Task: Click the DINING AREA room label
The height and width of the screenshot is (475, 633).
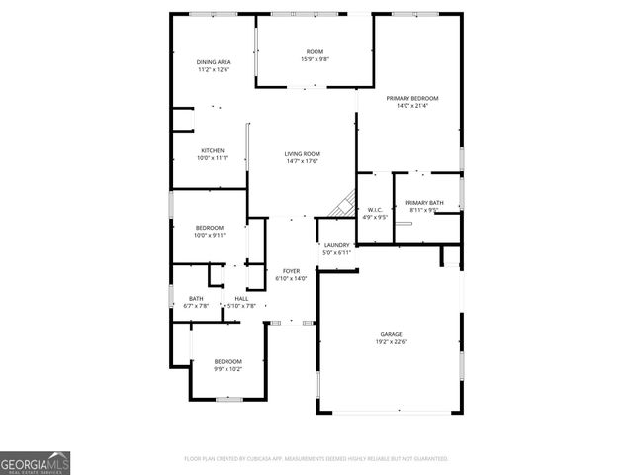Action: point(213,62)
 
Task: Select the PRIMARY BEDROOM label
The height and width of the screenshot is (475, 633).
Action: point(412,98)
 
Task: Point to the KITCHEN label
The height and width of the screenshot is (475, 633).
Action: point(213,150)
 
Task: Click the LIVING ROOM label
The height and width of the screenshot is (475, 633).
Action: point(303,153)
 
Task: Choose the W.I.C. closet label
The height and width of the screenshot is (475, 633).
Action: point(375,210)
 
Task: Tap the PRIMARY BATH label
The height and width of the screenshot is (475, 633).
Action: point(423,203)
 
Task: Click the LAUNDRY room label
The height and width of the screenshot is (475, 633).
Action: point(337,244)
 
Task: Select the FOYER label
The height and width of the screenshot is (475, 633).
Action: point(291,270)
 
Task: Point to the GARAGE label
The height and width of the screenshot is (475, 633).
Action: point(391,334)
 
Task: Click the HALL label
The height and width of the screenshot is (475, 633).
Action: point(241,298)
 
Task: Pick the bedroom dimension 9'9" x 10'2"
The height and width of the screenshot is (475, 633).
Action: point(227,369)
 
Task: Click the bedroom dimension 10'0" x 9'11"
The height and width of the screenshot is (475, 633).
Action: point(210,235)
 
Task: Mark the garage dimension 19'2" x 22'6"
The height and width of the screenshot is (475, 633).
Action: point(391,342)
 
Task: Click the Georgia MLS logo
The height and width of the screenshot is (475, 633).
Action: point(35,462)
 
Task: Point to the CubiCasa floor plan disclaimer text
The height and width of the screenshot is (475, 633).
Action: point(316,459)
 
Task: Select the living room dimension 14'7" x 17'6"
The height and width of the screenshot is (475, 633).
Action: point(303,161)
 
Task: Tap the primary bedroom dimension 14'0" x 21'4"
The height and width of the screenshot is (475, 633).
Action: point(412,106)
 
